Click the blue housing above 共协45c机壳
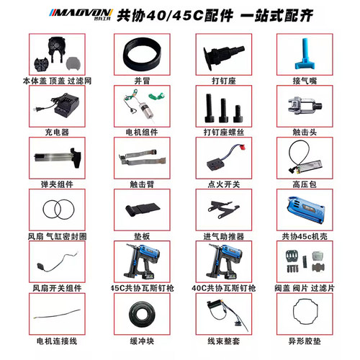pyautogui.click(x=302, y=209)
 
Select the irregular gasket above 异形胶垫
pyautogui.click(x=302, y=312)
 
